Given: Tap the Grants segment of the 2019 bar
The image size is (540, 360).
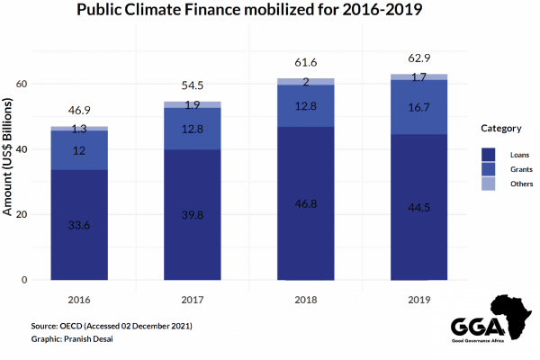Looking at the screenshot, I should (x=413, y=107).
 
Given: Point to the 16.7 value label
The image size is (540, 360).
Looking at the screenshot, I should (x=413, y=107).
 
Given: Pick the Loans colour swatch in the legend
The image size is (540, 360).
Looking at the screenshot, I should (x=491, y=154).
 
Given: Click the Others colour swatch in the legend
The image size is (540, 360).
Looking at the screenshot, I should (x=491, y=184).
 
